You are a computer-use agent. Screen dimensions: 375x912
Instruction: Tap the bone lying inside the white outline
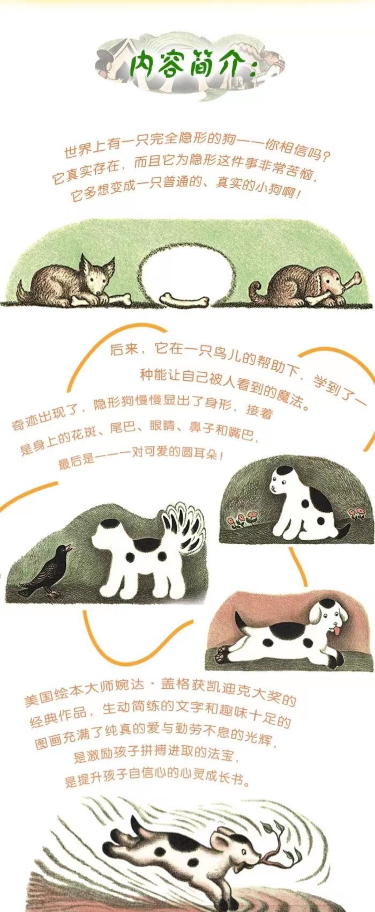pos(184,300)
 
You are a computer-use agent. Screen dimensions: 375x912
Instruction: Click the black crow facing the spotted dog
pos(46,570)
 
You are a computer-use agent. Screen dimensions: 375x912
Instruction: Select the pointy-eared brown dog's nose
pos(99,293)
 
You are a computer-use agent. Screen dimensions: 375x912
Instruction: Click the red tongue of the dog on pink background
pos(337,631)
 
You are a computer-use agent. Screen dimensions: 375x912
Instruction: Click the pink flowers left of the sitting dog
pos(242,519)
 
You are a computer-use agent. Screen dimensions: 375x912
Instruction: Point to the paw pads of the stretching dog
pos(222,654)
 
